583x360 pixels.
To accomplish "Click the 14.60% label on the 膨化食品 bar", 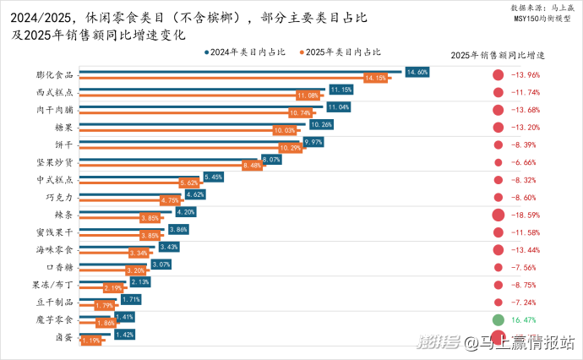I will point(417,72).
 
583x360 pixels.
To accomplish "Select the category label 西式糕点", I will point(56,92).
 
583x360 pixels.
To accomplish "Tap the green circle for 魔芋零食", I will point(499,320).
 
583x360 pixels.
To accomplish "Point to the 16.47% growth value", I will point(525,320).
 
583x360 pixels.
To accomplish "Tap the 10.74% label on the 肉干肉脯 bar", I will point(300,112).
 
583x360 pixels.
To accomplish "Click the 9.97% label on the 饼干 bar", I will point(313,142).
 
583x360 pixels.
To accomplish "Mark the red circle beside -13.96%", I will point(499,75).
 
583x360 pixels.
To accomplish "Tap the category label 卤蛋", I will point(63,338).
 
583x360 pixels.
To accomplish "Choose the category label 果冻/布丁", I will point(54,286).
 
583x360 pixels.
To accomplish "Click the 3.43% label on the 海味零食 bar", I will point(169,247).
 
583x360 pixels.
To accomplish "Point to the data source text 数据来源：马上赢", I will point(541,7).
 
